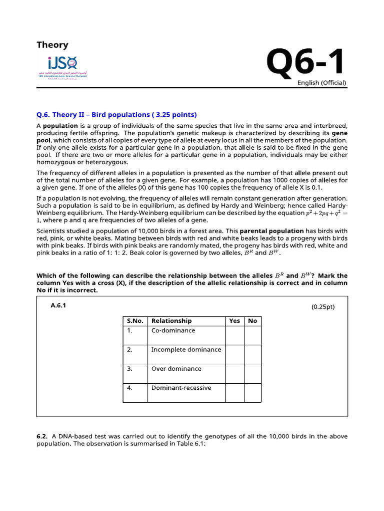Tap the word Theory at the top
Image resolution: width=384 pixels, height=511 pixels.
52,45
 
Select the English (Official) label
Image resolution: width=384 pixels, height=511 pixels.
322,83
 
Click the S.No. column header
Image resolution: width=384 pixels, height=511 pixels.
135,321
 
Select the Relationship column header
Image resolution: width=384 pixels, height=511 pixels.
171,321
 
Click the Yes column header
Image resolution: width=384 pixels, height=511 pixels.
234,321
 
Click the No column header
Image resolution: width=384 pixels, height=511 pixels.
252,321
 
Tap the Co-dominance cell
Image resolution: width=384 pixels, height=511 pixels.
173,330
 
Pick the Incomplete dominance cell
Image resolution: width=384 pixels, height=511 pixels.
186,349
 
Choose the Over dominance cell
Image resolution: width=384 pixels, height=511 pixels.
176,369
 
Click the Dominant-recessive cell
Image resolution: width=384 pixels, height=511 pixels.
181,388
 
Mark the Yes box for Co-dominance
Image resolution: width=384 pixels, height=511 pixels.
234,335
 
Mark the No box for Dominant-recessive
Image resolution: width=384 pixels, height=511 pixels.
252,393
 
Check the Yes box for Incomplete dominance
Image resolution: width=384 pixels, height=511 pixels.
234,354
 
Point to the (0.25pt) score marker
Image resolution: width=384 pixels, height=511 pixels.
322,307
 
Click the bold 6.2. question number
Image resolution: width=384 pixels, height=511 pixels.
41,436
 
